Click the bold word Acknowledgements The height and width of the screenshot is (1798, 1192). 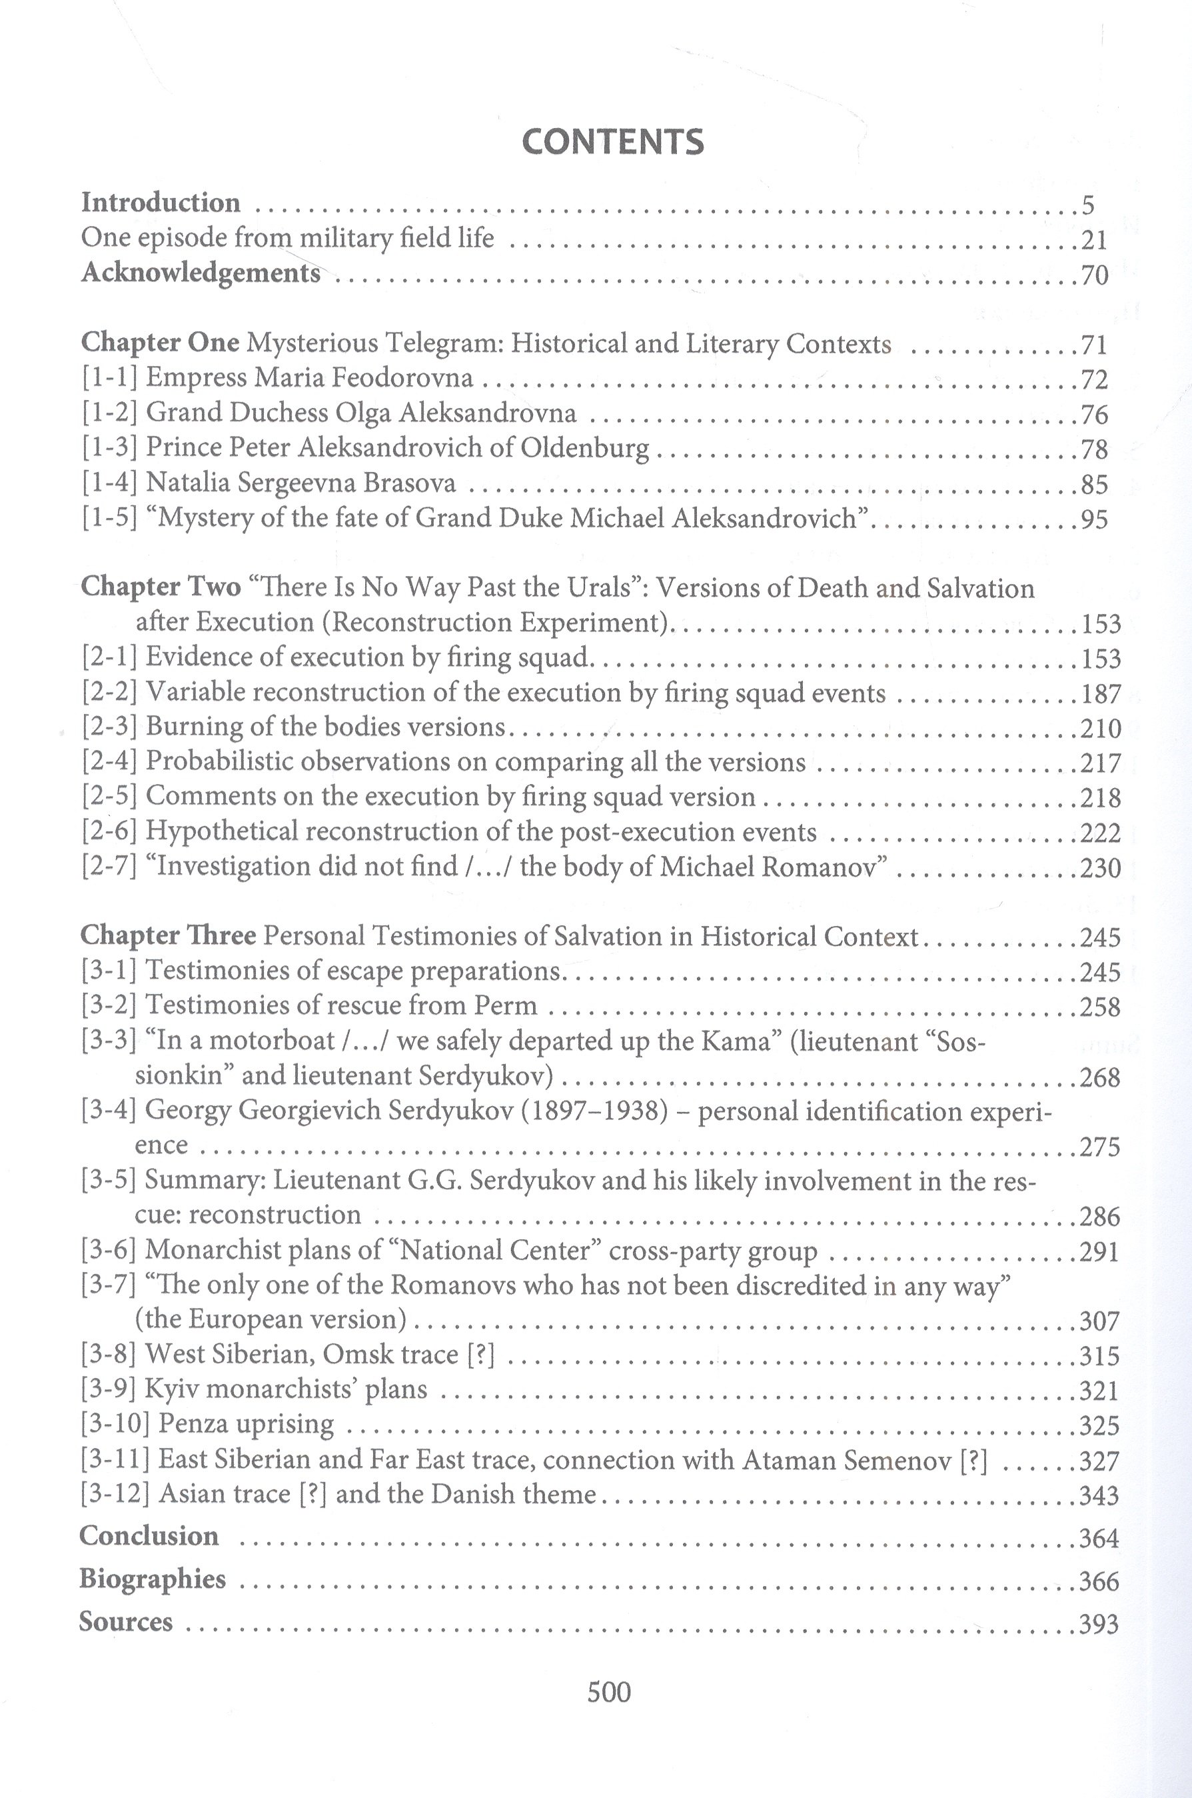coord(201,273)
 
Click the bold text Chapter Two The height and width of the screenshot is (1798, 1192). coord(161,587)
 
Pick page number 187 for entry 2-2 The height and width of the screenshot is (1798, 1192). coord(1100,693)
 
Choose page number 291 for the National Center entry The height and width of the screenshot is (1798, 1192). coord(1099,1251)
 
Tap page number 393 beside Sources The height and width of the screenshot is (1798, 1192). coord(1099,1625)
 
